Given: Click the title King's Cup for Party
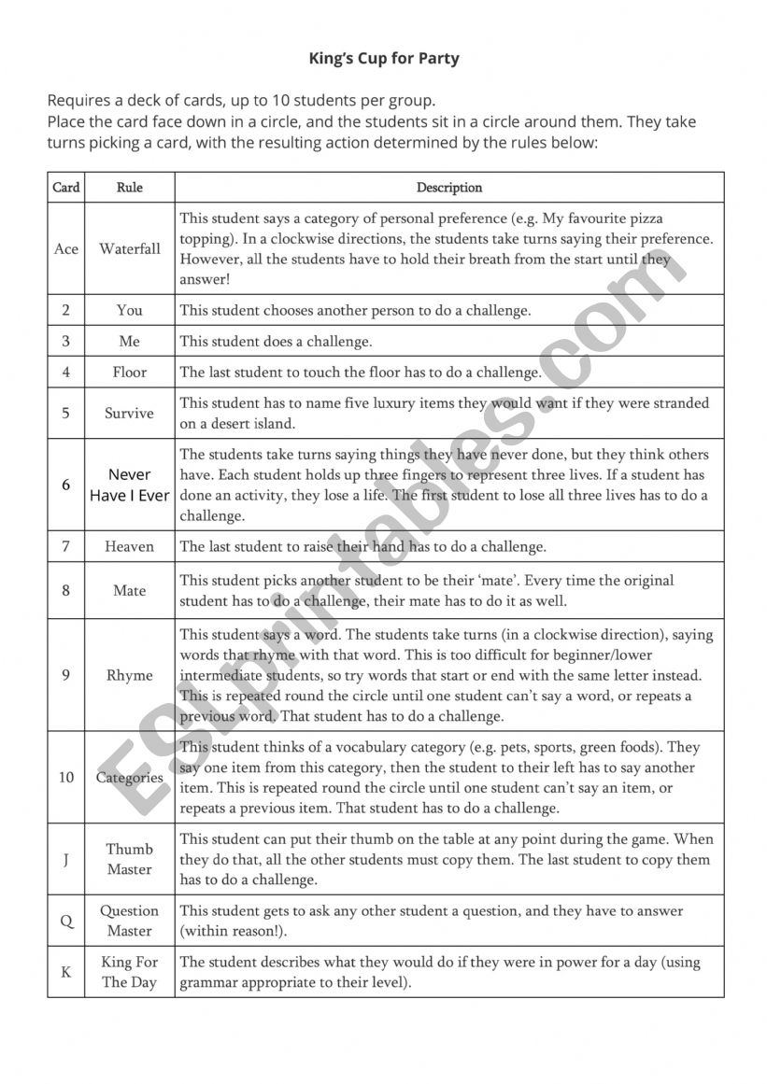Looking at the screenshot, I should pos(384,59).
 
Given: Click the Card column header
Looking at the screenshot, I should pos(66,188).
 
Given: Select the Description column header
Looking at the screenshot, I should pos(449,188).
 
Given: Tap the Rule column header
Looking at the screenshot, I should pos(130,188).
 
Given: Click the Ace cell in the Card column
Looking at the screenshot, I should pos(66,249).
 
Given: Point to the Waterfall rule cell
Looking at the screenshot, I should pos(130,249).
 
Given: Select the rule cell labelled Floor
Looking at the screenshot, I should pos(130,373).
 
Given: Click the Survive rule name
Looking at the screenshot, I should pos(130,414).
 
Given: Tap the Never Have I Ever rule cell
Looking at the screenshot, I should pos(130,486).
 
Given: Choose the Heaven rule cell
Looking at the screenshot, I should pos(130,547).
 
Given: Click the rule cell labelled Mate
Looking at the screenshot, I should pos(130,590).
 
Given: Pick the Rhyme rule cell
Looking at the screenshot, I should pos(130,675).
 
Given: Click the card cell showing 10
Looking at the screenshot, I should pos(66,777).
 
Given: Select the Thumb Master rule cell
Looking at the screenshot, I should pos(130,859).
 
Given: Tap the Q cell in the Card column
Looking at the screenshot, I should pos(66,921).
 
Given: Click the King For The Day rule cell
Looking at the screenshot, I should pos(130,972).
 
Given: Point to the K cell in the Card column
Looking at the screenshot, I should pos(66,972).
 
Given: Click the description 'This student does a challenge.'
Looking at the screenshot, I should pos(276,342).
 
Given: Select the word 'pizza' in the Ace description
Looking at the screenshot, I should pos(646,219).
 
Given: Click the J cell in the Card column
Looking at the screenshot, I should pos(66,859).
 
